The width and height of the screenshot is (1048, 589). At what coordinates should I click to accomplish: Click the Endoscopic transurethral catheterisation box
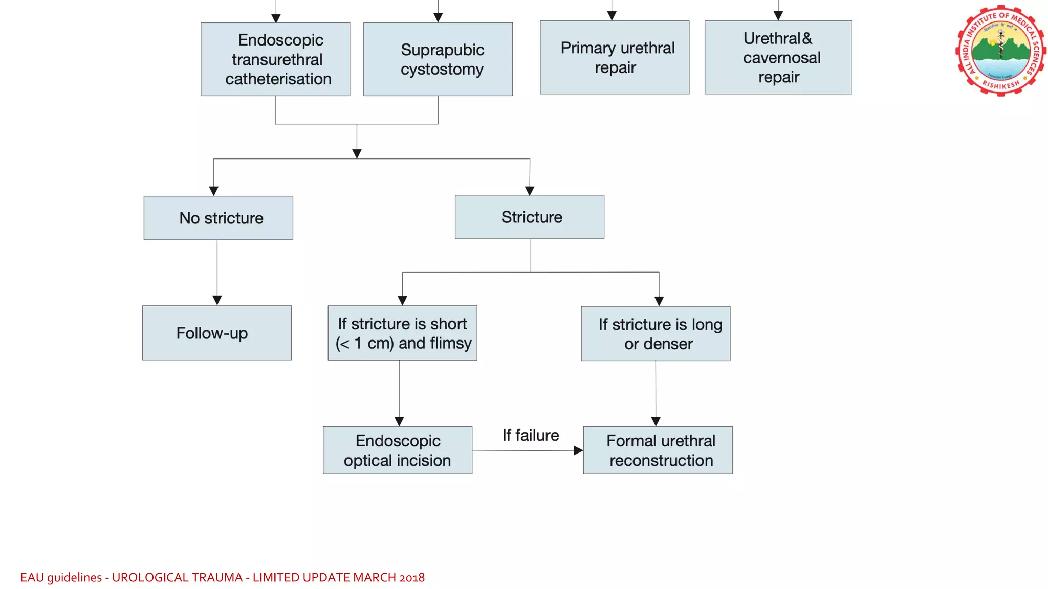point(275,59)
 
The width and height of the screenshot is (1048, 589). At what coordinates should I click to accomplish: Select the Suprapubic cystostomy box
point(438,59)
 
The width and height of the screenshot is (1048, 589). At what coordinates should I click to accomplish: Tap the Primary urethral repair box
point(614,57)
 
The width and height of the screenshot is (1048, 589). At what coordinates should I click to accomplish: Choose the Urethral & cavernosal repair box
point(778,57)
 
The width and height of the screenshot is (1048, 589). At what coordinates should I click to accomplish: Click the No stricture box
point(219,218)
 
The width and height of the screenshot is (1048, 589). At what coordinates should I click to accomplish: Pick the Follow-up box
point(217,333)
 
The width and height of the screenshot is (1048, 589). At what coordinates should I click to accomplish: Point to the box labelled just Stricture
point(530,217)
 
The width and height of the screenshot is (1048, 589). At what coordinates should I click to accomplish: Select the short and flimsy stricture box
point(402,333)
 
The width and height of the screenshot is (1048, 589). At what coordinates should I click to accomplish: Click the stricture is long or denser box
point(656,333)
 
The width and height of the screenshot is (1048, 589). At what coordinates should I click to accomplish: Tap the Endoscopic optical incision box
point(398,450)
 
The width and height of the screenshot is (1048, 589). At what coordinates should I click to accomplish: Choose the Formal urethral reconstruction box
point(658,450)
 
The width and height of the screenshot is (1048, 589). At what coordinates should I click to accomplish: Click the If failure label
point(530,435)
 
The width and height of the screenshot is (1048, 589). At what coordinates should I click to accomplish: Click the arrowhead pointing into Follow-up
point(217,300)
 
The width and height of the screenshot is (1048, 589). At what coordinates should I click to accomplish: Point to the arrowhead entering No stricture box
point(214,191)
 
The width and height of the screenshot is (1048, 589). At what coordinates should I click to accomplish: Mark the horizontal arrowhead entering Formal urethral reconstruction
point(578,450)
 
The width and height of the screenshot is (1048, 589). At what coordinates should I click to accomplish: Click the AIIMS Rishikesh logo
point(1000,50)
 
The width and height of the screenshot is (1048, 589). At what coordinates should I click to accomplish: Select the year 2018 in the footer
point(412,577)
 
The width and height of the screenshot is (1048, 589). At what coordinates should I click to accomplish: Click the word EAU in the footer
point(32,577)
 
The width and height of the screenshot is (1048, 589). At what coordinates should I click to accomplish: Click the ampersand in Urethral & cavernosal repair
point(807,38)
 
